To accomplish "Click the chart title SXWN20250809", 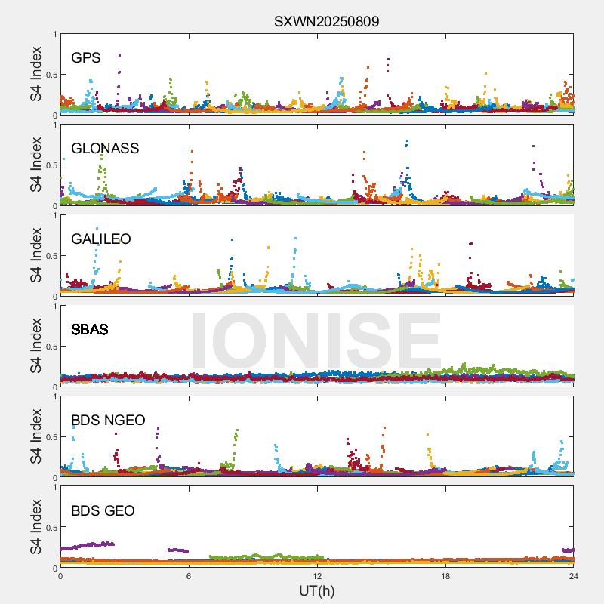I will pos(326,21).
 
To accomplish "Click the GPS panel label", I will pos(85,57).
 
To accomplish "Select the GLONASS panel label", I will pos(105,148).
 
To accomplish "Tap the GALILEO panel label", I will pos(101,239).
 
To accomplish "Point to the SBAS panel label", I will pos(89,329).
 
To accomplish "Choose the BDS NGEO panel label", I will pos(108,420).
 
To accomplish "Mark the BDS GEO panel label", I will pos(103,510).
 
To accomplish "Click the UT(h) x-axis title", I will pos(316,590).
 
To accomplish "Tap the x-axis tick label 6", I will pos(189,576).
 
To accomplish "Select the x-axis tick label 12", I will pos(317,576).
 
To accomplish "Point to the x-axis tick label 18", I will pos(445,576).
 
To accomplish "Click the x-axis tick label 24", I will pos(574,576).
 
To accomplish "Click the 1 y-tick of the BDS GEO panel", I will pos(54,487).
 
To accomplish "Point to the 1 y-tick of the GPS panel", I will pos(54,34).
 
